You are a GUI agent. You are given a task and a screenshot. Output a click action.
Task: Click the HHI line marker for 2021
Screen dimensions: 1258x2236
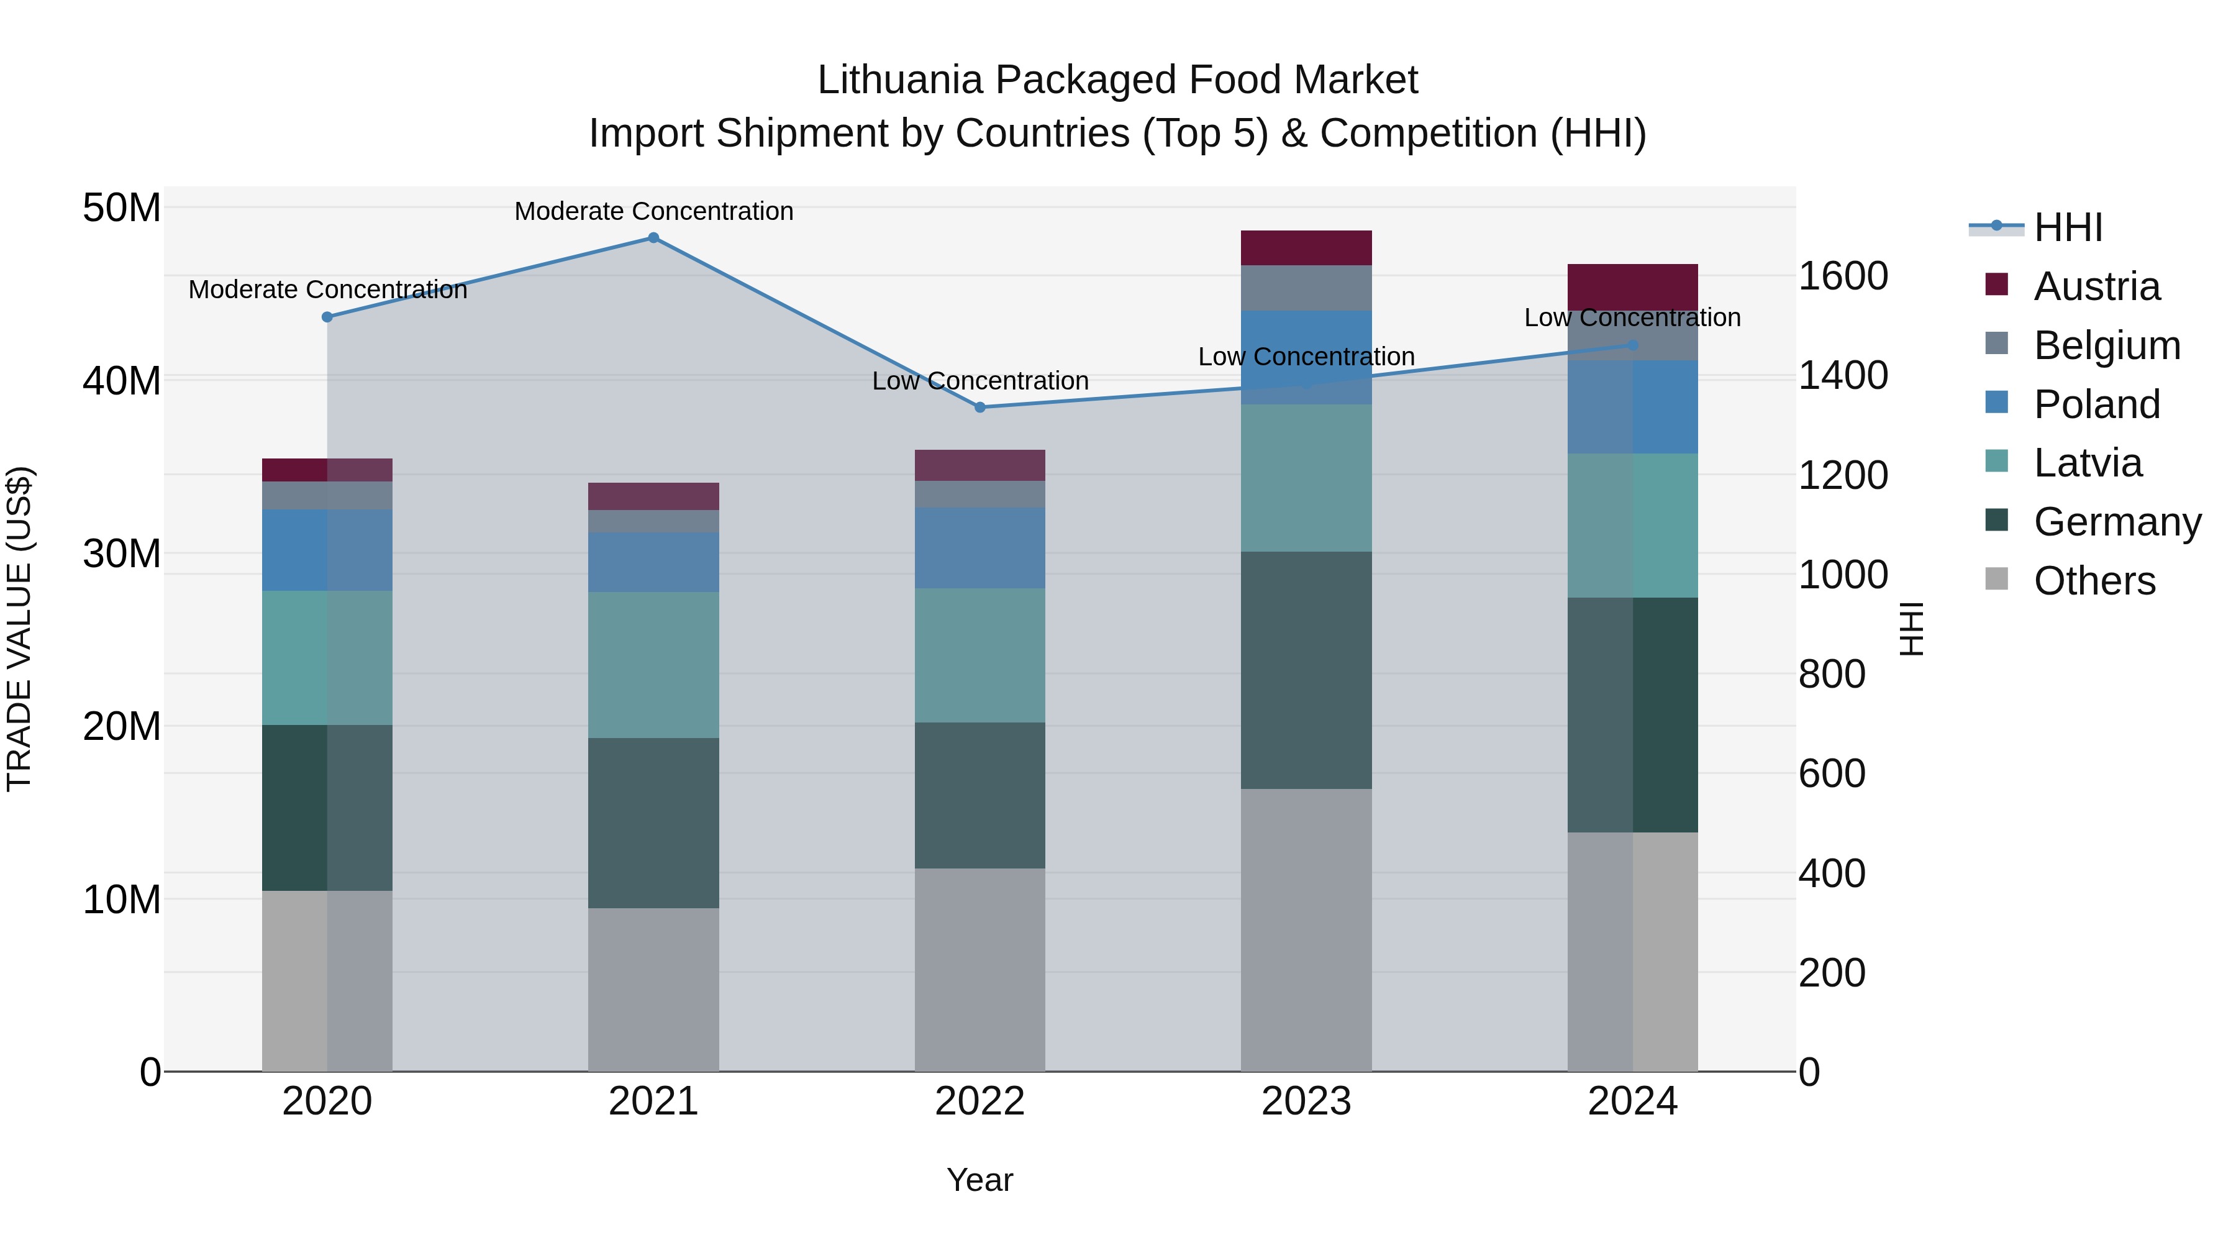pos(653,238)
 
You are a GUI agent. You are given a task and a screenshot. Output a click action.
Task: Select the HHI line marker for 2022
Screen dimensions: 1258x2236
pos(980,407)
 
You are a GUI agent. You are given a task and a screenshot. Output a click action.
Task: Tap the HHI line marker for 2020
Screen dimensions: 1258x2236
pos(327,317)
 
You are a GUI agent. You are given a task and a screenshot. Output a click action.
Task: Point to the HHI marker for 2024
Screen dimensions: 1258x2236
pos(1633,345)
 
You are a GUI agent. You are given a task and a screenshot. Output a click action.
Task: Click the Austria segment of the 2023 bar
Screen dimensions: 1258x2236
pos(1306,248)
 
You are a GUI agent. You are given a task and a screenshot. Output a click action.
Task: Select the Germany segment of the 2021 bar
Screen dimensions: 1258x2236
pos(653,823)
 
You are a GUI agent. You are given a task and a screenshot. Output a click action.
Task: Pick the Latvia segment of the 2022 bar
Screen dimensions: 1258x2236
pos(980,655)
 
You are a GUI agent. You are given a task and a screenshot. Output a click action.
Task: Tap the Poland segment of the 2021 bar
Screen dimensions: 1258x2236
pos(653,563)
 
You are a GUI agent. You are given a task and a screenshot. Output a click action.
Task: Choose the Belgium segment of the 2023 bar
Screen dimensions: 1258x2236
pos(1306,288)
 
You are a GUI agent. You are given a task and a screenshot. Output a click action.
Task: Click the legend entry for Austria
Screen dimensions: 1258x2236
pos(2096,286)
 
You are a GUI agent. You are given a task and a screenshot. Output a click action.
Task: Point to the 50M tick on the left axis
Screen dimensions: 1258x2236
pos(122,208)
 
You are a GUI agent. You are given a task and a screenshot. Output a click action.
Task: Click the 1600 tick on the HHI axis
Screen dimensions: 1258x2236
pos(1843,276)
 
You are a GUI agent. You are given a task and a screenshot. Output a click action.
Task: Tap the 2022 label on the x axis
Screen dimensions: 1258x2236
pos(980,1101)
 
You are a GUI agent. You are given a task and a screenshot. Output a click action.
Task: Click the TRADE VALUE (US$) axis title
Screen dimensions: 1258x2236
pos(19,629)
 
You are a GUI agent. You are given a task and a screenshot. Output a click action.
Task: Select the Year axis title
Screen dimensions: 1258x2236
pos(980,1180)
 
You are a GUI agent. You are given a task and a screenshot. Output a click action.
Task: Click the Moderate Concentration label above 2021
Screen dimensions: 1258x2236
pos(653,211)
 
